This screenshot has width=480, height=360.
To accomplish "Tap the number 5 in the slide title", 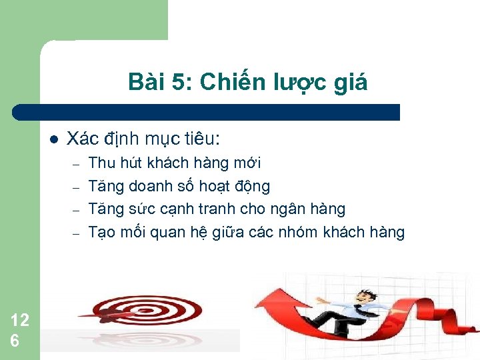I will point(177,82).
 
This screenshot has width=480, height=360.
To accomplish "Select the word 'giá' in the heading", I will point(350,83).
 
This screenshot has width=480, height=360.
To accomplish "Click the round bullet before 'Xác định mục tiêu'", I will point(54,139).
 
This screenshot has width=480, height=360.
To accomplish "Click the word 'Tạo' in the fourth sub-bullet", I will point(102,233).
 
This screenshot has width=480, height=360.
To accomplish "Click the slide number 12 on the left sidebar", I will point(20,320).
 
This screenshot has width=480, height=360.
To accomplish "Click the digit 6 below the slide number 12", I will point(15,340).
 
